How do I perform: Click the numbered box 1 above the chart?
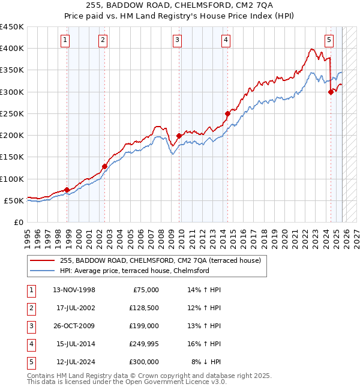(65, 40)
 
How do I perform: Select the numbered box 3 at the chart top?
(178, 40)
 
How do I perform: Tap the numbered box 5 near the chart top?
(329, 40)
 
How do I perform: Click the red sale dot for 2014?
(227, 113)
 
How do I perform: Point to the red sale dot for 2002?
(104, 166)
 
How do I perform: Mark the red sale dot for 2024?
(331, 92)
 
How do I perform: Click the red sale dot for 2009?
(179, 136)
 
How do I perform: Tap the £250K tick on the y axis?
(12, 113)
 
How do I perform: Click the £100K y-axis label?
(12, 179)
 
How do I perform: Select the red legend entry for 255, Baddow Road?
(160, 261)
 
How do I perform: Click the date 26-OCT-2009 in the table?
(77, 326)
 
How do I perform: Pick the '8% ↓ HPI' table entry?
(206, 362)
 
